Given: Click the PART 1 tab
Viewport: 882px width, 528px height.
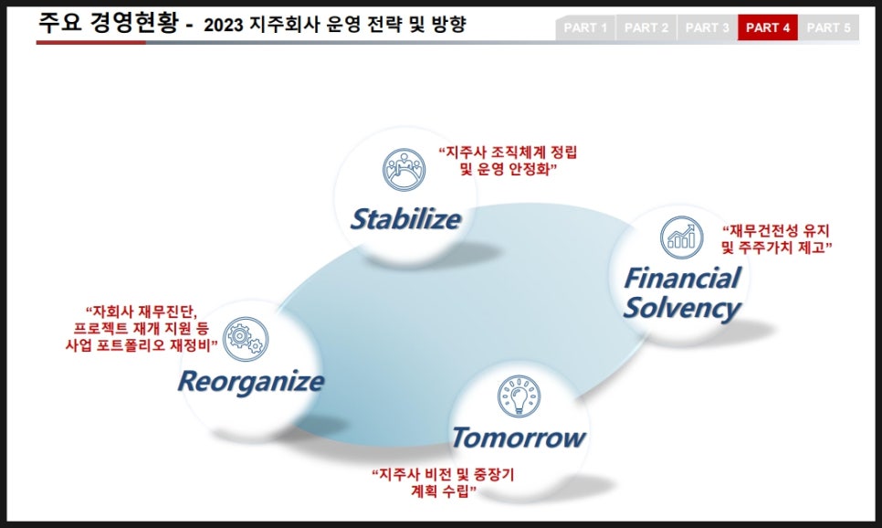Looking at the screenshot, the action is pos(585,27).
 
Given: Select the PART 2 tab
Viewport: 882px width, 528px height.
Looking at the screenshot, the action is pos(646,27).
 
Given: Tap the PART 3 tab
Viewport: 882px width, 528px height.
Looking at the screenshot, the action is pos(707,27).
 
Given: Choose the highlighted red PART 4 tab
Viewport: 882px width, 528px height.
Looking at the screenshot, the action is pos(768,27).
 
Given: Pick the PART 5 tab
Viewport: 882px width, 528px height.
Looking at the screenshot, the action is pos(828,27).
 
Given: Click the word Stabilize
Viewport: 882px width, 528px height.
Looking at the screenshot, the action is pos(405,219).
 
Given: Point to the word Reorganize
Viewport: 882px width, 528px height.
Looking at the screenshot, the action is pos(251,382).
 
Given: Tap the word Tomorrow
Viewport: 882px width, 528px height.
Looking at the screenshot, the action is pos(519,438).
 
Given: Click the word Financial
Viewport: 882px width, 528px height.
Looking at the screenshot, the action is pos(682,278).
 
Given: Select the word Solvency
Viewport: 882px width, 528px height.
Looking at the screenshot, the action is pos(682,308).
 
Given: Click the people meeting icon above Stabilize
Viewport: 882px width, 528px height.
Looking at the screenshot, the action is pos(404,169).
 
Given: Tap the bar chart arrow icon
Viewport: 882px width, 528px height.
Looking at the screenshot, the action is pos(681,238).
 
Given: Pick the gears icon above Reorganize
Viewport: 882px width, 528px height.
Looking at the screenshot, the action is pos(246,339).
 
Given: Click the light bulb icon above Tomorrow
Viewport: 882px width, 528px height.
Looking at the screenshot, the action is pos(519,396).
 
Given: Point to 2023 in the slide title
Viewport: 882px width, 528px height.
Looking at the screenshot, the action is pos(224,26).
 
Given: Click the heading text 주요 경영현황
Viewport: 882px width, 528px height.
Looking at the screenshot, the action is pos(108,23).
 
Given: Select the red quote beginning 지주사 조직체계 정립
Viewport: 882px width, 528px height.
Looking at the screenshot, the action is pos(508,161).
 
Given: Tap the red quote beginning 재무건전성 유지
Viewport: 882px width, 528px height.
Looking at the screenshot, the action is pos(777,239).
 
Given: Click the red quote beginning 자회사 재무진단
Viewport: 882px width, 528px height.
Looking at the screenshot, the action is pos(142,328).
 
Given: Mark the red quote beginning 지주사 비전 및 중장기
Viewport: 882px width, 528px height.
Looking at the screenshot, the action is pos(443,482).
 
